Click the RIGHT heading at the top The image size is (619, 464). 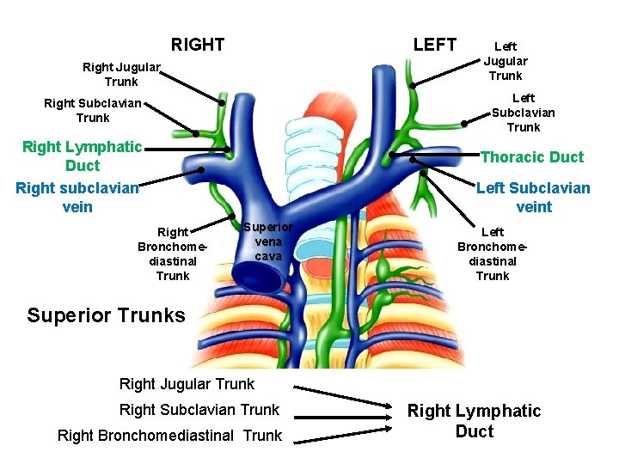click(198, 45)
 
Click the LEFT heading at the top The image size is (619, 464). click(435, 45)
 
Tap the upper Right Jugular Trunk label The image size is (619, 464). click(121, 74)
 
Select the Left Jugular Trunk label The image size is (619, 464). click(506, 61)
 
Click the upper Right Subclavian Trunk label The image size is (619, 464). click(93, 111)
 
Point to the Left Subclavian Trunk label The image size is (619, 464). click(523, 113)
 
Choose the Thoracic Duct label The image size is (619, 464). click(531, 156)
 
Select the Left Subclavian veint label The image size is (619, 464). click(533, 197)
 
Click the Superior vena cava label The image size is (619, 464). click(268, 241)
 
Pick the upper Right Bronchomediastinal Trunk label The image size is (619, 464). click(173, 253)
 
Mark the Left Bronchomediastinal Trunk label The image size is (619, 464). click(493, 253)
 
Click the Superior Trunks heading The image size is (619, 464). click(106, 315)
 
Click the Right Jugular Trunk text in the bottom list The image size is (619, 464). click(187, 384)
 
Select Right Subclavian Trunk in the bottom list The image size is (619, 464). click(199, 410)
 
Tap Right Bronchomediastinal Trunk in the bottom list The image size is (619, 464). click(169, 436)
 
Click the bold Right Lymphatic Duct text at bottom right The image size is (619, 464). click(474, 421)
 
